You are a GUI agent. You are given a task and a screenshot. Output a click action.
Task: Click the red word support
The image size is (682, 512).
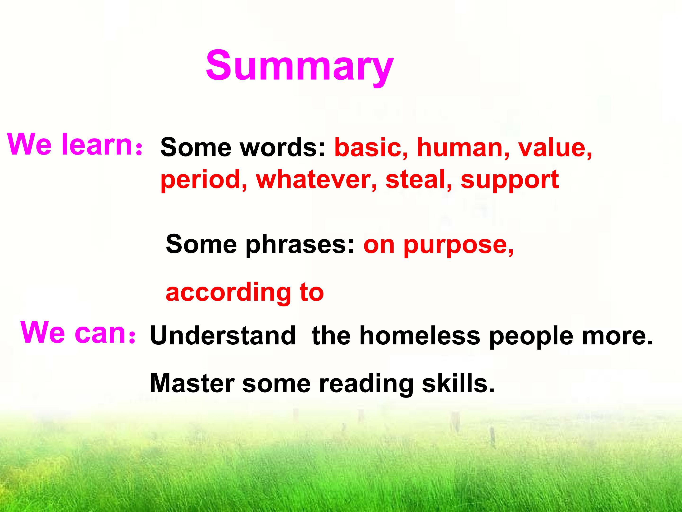pos(510,180)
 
